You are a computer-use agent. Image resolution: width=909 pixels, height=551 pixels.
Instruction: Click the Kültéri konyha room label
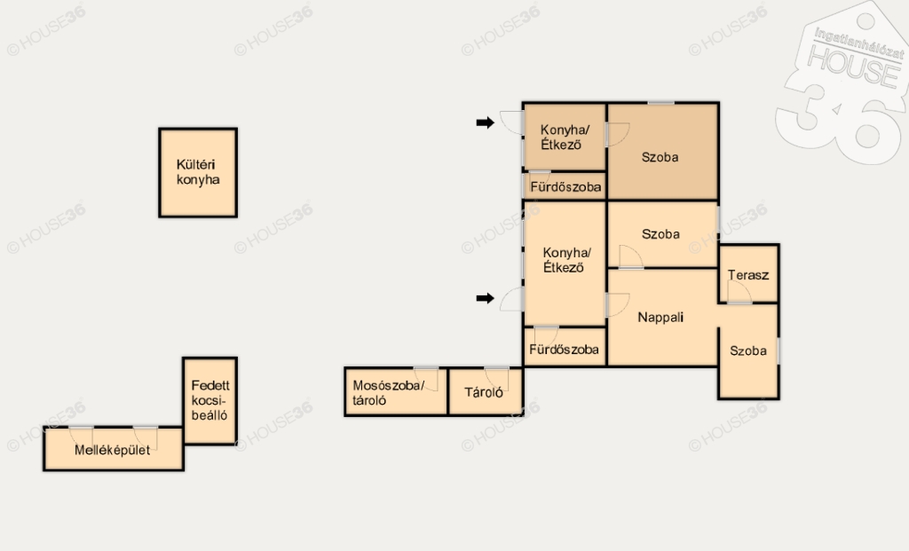click(x=198, y=172)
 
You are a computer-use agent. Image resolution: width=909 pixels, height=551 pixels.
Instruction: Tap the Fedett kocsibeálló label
click(x=209, y=400)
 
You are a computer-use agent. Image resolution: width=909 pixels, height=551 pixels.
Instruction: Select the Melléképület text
click(x=113, y=450)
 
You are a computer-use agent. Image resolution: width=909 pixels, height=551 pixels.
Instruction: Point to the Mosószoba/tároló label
click(x=389, y=393)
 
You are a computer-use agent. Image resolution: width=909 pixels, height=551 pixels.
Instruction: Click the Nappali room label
click(x=660, y=317)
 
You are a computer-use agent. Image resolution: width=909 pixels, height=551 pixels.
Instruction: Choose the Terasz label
click(x=748, y=275)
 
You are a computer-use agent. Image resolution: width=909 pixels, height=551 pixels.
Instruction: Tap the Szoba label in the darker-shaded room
click(x=660, y=157)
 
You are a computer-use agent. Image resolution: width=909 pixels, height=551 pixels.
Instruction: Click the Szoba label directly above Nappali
click(x=660, y=234)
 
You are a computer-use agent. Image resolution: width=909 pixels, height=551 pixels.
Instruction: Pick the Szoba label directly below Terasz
click(x=748, y=350)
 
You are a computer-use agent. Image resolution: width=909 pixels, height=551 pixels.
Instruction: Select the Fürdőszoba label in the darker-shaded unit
click(x=565, y=187)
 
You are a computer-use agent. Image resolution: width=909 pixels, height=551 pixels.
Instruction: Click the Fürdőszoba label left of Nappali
click(x=564, y=350)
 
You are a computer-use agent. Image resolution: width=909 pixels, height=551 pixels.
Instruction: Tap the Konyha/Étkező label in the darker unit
click(x=565, y=138)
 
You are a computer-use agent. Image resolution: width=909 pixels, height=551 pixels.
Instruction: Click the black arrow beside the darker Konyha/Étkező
click(x=486, y=122)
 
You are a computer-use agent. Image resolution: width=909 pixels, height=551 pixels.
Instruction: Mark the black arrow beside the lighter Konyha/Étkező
click(x=486, y=298)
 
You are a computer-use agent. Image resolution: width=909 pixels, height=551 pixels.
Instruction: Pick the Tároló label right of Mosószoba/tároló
click(x=484, y=393)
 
